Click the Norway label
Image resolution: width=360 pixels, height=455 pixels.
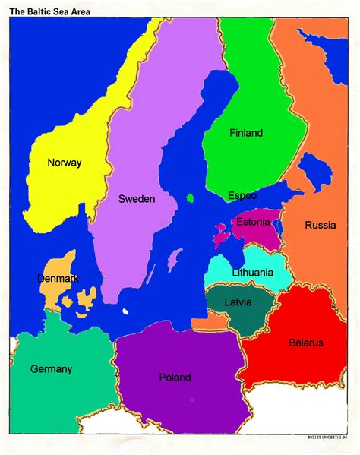[x=64, y=163]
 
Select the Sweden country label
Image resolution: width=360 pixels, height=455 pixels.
[x=137, y=199]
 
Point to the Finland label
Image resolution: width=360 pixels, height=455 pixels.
[x=246, y=133]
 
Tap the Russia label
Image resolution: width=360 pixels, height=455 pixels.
[x=321, y=225]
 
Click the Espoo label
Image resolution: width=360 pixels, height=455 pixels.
[x=242, y=196]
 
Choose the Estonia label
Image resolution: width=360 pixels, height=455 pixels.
[x=254, y=222]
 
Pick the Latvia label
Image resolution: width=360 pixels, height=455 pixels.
[x=238, y=302]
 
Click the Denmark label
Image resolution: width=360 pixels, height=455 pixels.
[x=58, y=279]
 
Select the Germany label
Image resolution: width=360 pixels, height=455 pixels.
[x=52, y=369]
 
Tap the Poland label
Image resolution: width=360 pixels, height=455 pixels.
[x=175, y=378]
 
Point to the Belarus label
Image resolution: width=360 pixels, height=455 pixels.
[x=305, y=343]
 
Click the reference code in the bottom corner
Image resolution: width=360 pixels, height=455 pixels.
[x=333, y=438]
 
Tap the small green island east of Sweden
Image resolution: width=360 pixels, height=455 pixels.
[x=190, y=199]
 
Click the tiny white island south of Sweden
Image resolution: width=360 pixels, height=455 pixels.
[x=125, y=311]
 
